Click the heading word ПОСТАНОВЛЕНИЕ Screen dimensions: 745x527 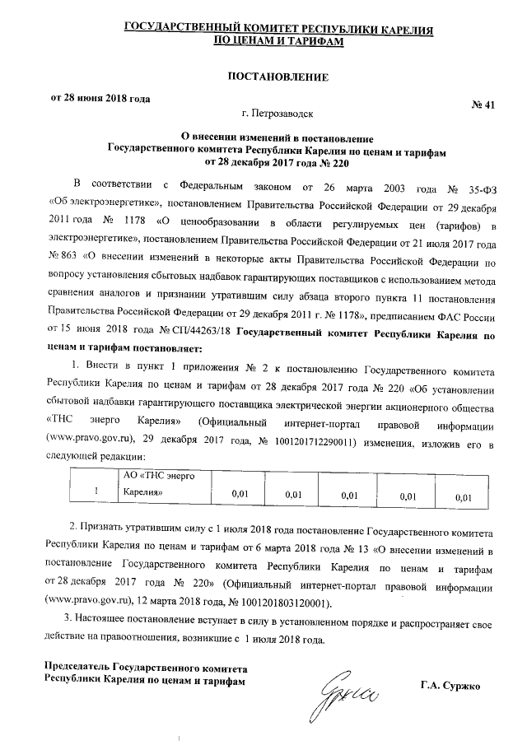tap(277, 77)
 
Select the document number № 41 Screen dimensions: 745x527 tap(482, 105)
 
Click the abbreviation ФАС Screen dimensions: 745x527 tap(456, 317)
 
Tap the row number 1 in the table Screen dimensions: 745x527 tap(97, 492)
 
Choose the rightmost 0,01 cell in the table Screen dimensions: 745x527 tap(464, 496)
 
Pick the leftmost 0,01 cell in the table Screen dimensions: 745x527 tap(240, 494)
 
